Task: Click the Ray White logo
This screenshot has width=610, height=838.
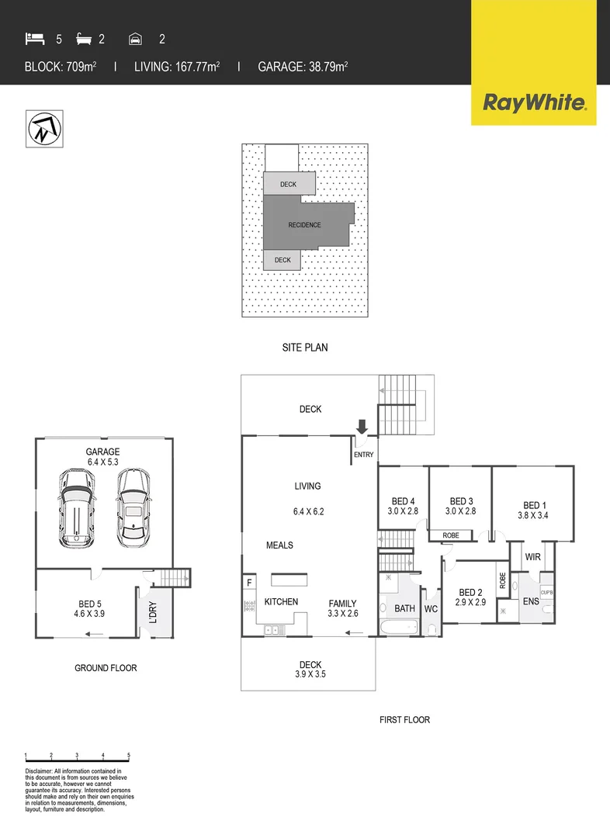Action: (534, 102)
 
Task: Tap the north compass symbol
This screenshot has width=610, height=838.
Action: (44, 129)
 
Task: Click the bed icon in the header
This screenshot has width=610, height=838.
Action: (34, 39)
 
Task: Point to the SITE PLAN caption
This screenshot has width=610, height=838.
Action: (304, 348)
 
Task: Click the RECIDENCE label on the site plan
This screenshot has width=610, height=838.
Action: (304, 225)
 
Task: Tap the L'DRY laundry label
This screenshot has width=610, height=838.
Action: (152, 614)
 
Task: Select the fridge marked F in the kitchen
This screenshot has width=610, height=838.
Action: (249, 583)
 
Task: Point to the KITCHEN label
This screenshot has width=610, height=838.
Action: (281, 602)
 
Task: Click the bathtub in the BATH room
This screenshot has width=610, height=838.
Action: (399, 627)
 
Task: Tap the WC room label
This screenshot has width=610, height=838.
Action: (432, 609)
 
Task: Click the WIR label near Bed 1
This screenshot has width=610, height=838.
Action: (532, 557)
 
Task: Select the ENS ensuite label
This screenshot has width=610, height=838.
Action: (532, 601)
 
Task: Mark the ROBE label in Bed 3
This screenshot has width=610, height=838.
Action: (449, 535)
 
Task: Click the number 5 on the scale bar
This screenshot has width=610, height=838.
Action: (129, 755)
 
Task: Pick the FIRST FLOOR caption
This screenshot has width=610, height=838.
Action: (404, 720)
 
